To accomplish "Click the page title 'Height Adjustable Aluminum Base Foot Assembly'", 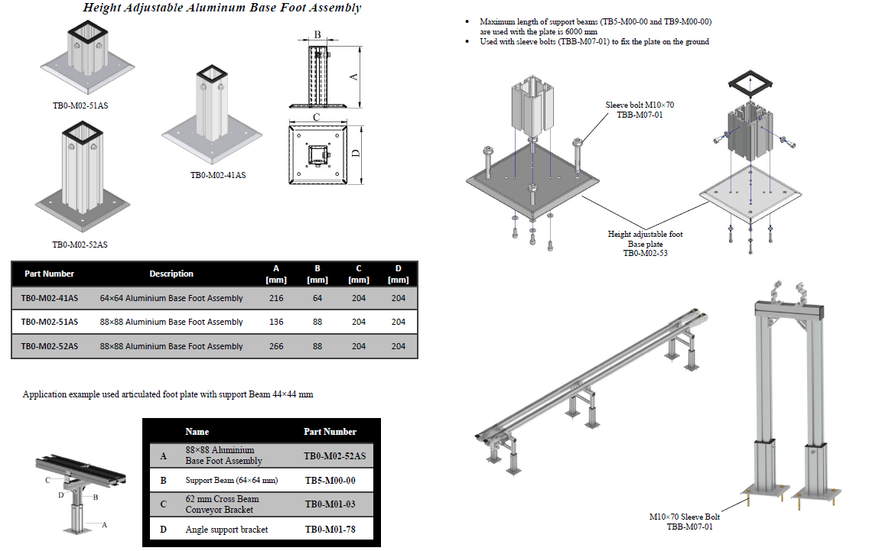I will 221,8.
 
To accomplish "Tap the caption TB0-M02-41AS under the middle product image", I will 218,175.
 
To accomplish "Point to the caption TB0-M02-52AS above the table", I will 80,245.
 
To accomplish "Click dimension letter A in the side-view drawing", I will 353,76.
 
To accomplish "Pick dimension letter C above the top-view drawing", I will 316,117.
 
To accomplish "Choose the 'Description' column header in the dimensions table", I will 171,274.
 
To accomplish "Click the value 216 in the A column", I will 276,298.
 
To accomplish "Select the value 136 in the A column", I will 276,322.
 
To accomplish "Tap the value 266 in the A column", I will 276,346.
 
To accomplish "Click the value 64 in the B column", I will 317,298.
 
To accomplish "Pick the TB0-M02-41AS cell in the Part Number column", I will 49,298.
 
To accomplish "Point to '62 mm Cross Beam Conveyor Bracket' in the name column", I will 222,504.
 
